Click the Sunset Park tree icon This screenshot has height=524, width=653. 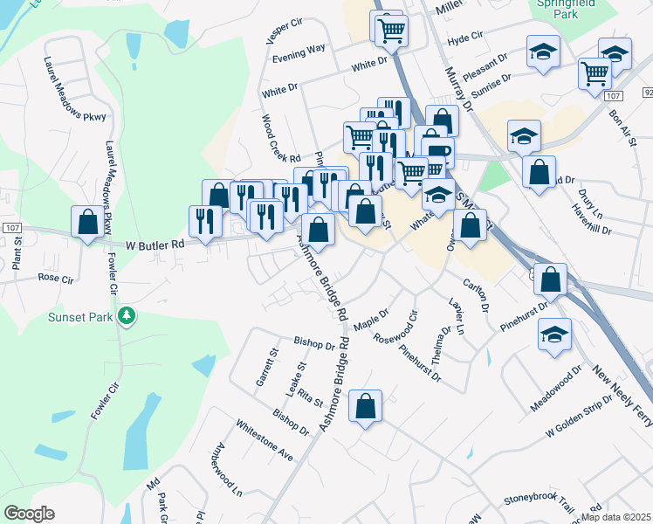(x=127, y=315)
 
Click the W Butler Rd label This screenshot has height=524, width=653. (x=155, y=246)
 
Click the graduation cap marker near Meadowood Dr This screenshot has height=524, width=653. (x=554, y=334)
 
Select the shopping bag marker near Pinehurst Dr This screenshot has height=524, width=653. (x=551, y=280)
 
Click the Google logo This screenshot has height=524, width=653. (x=29, y=514)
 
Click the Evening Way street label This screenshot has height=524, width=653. (x=299, y=54)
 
